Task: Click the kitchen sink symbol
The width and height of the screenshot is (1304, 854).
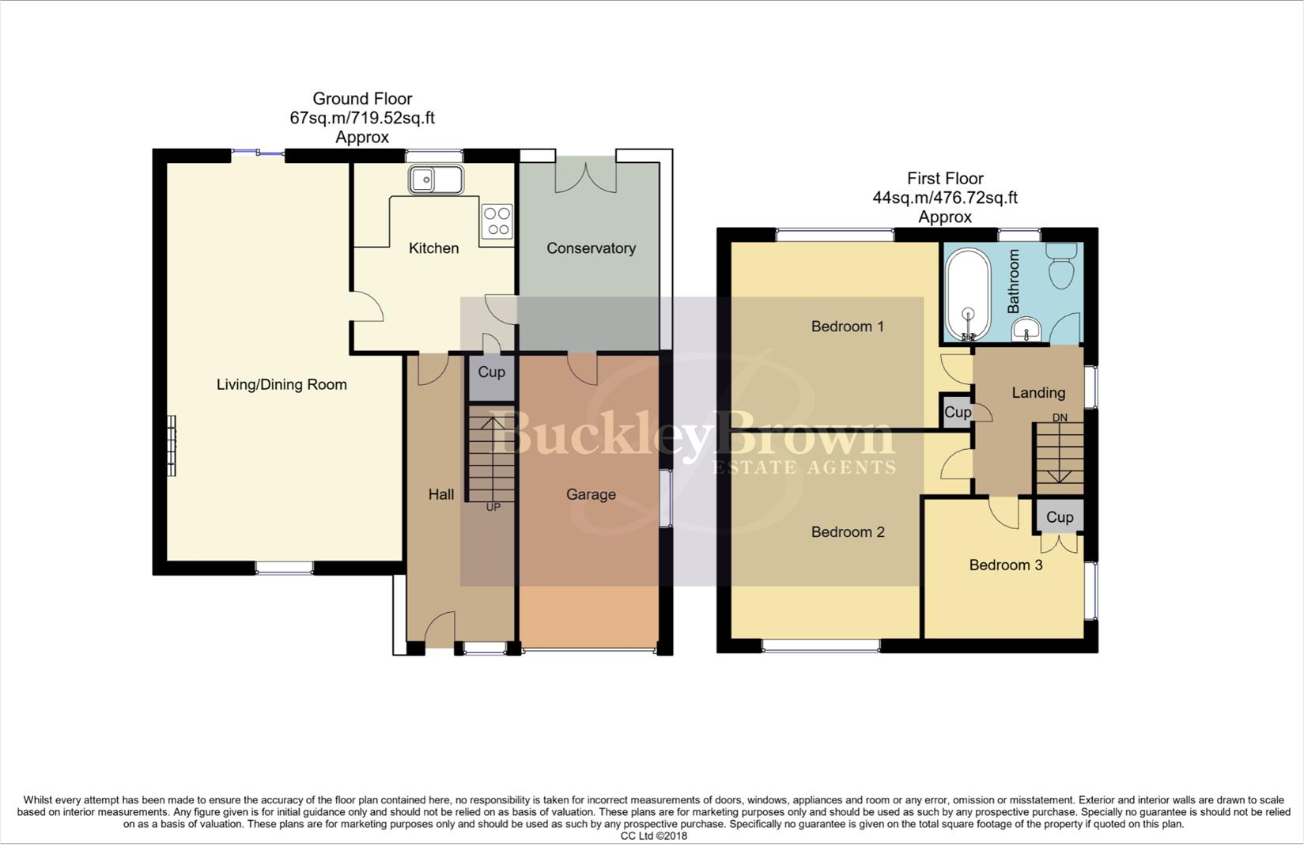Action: click(x=435, y=179)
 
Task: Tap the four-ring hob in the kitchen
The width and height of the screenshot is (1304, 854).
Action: click(x=497, y=221)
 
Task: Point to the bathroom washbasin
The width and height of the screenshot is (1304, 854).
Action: click(x=1026, y=327)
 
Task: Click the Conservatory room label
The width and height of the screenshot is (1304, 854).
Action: click(x=591, y=248)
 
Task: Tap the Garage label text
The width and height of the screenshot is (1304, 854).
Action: click(x=591, y=495)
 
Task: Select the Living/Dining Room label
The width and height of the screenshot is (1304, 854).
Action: click(x=282, y=385)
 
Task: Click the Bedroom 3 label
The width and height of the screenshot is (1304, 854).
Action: click(x=1005, y=565)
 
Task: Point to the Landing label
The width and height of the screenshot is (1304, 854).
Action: click(x=1038, y=393)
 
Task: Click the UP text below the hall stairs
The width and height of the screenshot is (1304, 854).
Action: click(x=493, y=507)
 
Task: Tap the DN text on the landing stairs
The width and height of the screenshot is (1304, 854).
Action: click(x=1059, y=418)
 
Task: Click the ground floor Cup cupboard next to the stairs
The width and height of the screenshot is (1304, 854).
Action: click(x=491, y=372)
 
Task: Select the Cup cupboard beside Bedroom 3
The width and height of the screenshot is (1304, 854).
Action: click(x=1059, y=517)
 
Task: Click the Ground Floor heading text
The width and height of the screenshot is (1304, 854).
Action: click(x=362, y=99)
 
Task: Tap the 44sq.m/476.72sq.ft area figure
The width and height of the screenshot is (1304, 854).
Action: click(x=944, y=198)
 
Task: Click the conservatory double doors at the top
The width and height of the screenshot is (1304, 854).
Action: click(x=586, y=176)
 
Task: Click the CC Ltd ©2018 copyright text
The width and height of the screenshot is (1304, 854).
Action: click(x=653, y=836)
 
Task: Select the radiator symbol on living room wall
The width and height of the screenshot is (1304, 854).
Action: click(x=171, y=445)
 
